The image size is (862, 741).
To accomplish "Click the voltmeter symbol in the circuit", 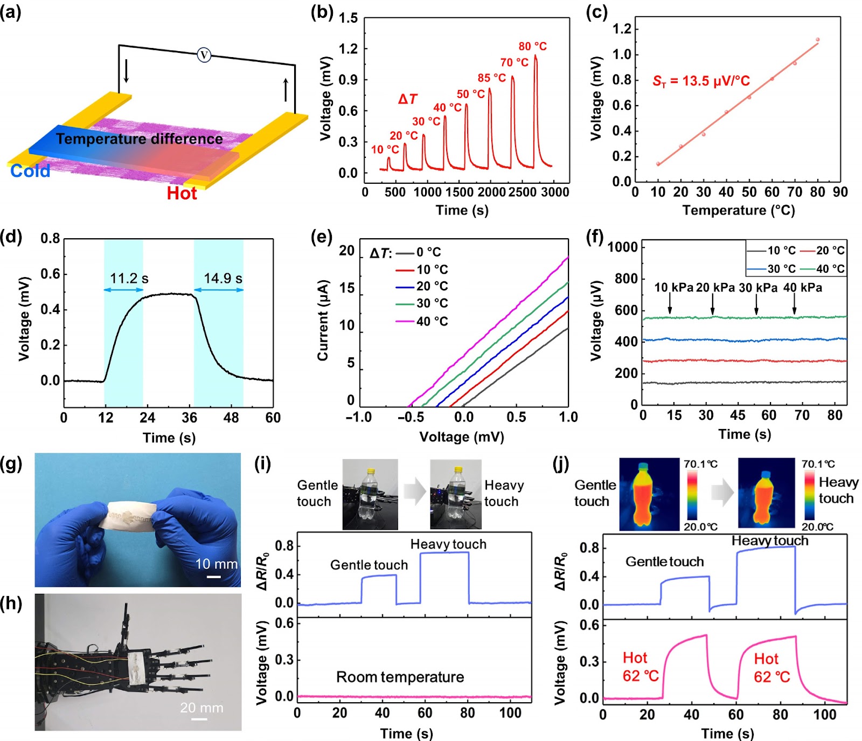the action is point(204,54).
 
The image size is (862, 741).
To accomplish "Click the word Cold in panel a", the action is point(30,171).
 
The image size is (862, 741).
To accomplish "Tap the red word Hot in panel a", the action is point(182,193).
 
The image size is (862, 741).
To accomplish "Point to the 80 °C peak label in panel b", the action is point(532,46).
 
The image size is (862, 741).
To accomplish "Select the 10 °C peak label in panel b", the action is point(385,149).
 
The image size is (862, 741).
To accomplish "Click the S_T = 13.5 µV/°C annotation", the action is point(701,81).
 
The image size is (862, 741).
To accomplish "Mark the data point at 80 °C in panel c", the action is point(817,39).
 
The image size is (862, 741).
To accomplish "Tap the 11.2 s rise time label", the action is point(129,278).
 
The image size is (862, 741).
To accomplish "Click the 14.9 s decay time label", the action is point(223,278).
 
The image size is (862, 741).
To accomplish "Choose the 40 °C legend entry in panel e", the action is point(422,321).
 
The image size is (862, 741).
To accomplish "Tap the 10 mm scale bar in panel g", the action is point(214,577).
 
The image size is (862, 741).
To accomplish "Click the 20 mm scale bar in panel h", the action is point(199,718).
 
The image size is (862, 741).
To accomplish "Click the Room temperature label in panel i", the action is point(400,677).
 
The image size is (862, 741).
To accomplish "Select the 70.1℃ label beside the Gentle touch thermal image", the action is point(700,464).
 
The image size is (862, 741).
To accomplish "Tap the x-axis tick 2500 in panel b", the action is point(522,192).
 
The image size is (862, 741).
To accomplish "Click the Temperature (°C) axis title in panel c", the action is point(739,210).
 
